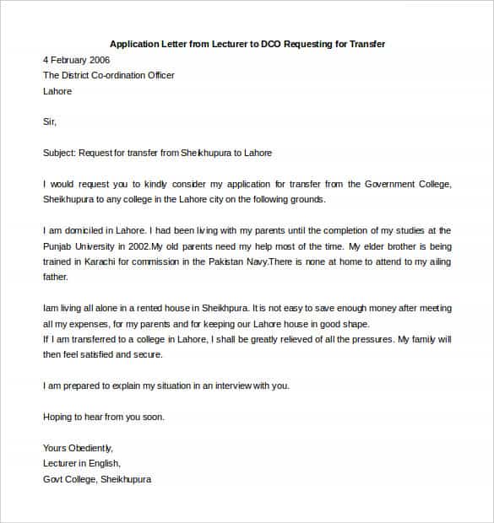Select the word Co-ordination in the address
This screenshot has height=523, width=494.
(x=121, y=76)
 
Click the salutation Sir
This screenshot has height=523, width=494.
(x=49, y=121)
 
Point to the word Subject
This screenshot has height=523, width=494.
(x=59, y=153)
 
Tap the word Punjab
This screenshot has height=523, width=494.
(x=57, y=246)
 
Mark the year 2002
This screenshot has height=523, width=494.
(x=138, y=246)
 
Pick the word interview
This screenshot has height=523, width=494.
(x=229, y=386)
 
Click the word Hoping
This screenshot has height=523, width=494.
(x=57, y=417)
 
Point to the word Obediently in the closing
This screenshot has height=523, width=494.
(x=90, y=448)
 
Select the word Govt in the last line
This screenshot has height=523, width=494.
(x=53, y=479)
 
